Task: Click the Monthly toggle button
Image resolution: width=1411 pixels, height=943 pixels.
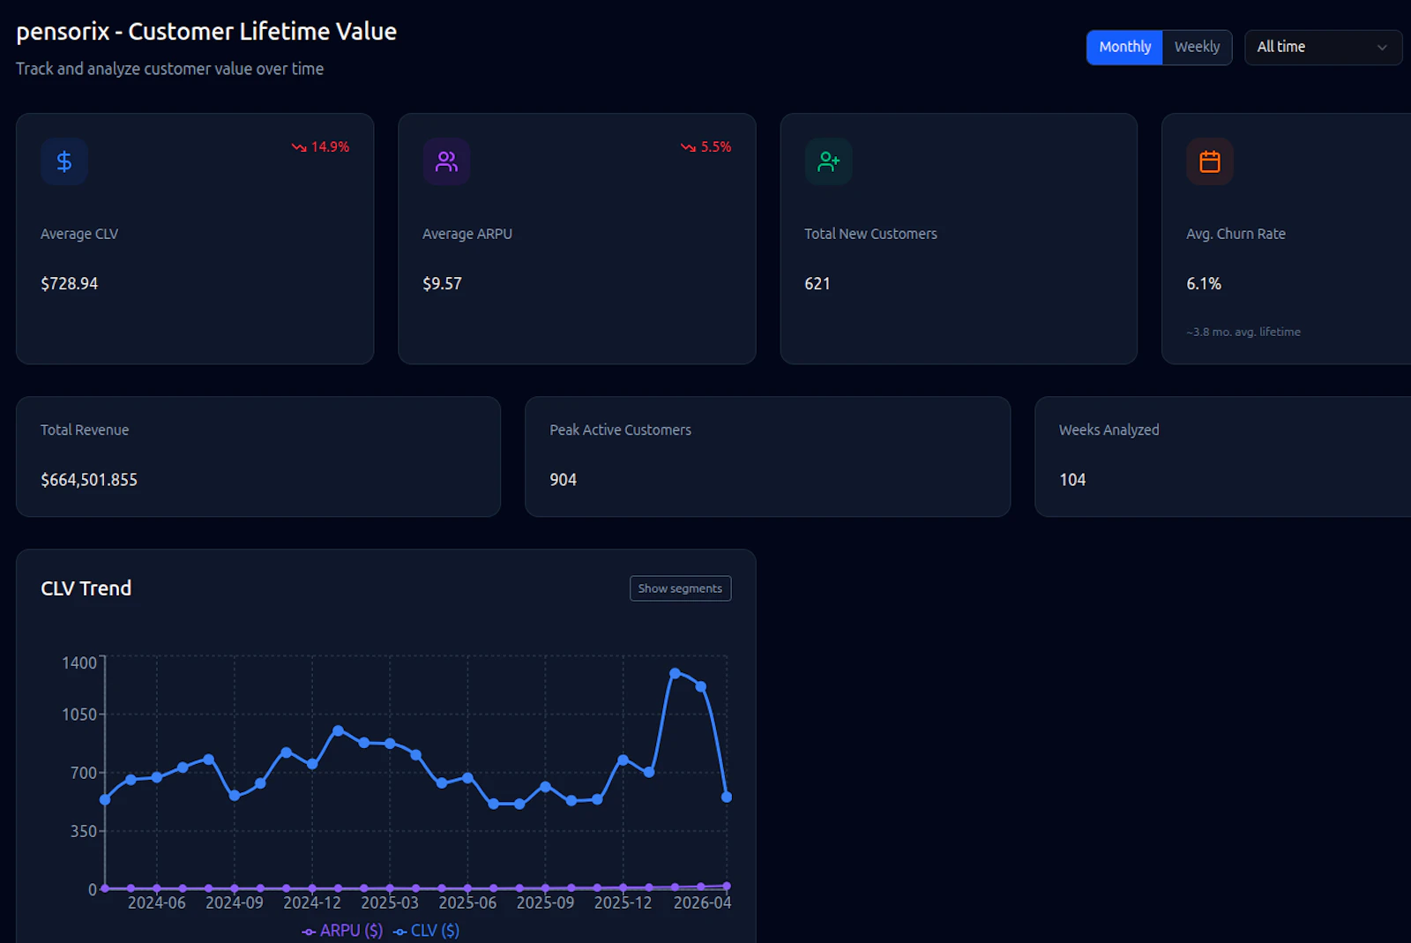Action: click(x=1124, y=48)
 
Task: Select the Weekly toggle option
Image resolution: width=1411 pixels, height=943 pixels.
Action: click(x=1197, y=48)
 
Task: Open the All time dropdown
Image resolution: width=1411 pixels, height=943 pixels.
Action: click(x=1322, y=48)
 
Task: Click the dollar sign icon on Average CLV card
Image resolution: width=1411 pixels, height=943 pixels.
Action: click(x=64, y=161)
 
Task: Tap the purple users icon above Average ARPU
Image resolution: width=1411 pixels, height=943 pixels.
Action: click(x=446, y=161)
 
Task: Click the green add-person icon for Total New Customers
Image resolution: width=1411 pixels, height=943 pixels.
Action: click(x=828, y=161)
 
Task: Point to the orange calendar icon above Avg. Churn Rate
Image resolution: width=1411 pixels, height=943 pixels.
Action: click(x=1209, y=161)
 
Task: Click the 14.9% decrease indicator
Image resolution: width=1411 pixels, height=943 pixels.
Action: click(x=321, y=147)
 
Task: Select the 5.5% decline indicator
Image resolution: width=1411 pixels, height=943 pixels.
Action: click(x=706, y=147)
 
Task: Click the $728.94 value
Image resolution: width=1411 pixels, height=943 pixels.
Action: click(x=70, y=284)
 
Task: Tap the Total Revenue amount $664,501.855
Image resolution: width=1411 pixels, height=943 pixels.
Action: click(x=89, y=480)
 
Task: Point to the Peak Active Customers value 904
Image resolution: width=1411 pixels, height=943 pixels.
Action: click(x=563, y=480)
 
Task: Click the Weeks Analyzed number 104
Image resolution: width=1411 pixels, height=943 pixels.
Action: click(x=1072, y=480)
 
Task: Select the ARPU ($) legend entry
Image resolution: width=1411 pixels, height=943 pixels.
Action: click(x=342, y=931)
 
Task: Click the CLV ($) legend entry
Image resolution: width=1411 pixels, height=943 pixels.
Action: click(x=427, y=931)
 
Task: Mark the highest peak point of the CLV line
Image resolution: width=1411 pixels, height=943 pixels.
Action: click(x=675, y=673)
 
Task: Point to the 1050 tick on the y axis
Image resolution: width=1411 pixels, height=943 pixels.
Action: click(x=79, y=715)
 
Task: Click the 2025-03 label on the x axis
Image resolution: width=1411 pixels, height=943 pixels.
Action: click(x=390, y=902)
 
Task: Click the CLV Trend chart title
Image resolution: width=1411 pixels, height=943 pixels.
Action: click(x=86, y=588)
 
